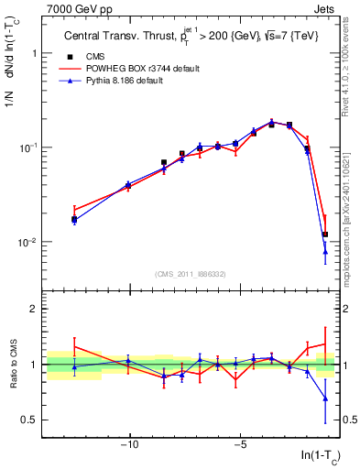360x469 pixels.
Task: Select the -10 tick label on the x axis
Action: [129, 446]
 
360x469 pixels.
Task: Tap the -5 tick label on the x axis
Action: [239, 446]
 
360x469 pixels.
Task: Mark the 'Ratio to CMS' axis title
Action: [12, 365]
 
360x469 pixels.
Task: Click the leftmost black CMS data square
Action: [74, 219]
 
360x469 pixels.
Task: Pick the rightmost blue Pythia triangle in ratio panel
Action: [324, 398]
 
